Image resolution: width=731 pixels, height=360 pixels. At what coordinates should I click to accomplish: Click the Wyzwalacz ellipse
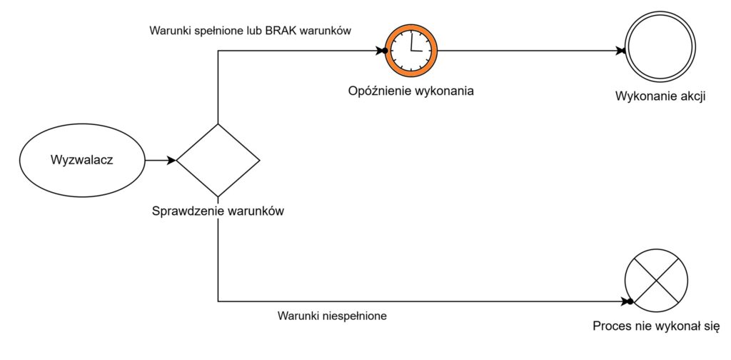pyautogui.click(x=83, y=159)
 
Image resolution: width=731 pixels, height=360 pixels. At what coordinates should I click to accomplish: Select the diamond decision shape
pyautogui.click(x=218, y=159)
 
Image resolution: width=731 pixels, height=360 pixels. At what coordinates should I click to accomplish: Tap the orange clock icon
pyautogui.click(x=411, y=51)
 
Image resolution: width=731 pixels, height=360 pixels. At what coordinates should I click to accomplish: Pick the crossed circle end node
pyautogui.click(x=656, y=283)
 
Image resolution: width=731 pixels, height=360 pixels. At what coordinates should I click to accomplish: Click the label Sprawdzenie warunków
pyautogui.click(x=218, y=211)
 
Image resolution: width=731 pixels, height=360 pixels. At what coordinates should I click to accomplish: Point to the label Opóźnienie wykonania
pyautogui.click(x=411, y=91)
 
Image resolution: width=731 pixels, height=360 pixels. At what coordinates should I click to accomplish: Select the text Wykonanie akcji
pyautogui.click(x=660, y=97)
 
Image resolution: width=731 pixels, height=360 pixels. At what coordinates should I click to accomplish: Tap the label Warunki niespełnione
pyautogui.click(x=332, y=315)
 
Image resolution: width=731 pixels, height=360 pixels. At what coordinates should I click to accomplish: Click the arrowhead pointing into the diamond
pyautogui.click(x=171, y=160)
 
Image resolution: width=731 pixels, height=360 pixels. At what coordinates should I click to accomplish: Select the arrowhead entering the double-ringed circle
pyautogui.click(x=620, y=51)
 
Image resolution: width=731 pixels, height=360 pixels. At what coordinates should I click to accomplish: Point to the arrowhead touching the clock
pyautogui.click(x=381, y=51)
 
